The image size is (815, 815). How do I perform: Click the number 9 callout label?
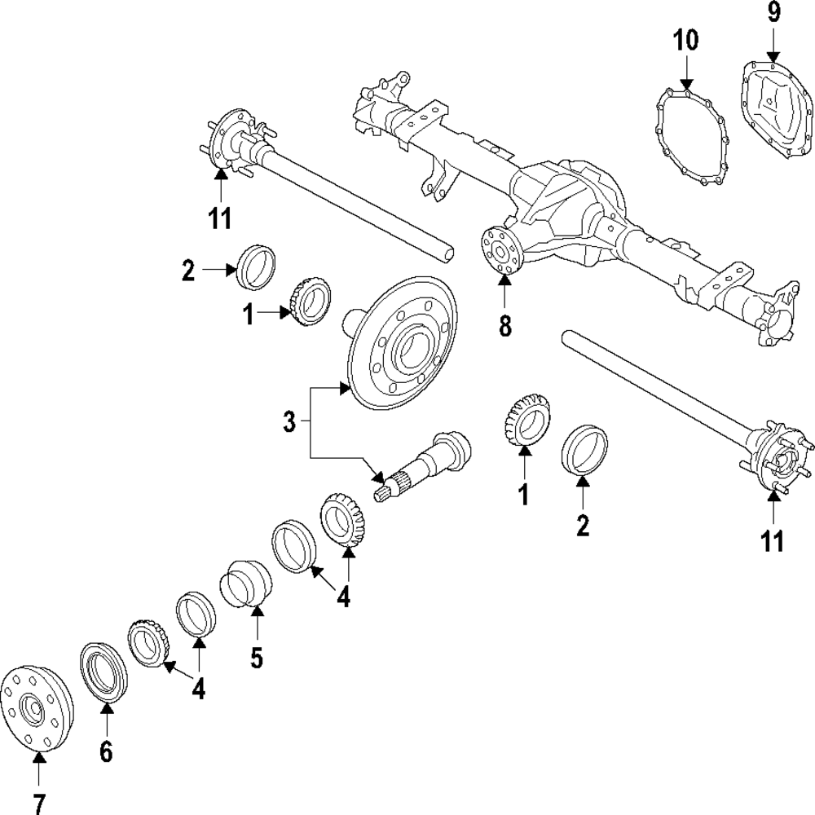click(773, 13)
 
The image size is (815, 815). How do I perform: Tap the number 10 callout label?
click(685, 41)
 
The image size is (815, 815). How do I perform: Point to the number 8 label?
click(504, 326)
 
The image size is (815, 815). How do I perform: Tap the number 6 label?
click(106, 751)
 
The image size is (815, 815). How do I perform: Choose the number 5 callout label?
click(257, 657)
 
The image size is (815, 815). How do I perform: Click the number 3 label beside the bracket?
click(289, 421)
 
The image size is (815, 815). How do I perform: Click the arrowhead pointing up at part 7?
click(38, 759)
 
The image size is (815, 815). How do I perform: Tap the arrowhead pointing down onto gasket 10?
click(685, 84)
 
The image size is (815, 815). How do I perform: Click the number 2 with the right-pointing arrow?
click(188, 271)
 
